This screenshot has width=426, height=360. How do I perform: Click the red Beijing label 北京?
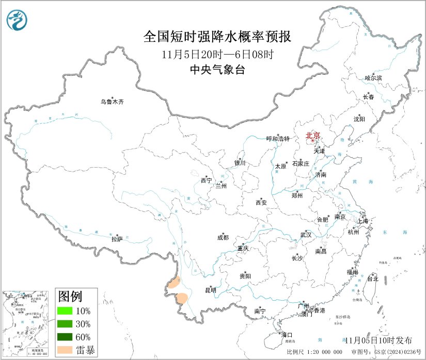[x=313, y=136]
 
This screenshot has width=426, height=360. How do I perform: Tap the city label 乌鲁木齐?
[x=112, y=102]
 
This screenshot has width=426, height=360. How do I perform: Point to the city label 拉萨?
[x=117, y=239]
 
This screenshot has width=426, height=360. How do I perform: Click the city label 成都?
[x=223, y=238]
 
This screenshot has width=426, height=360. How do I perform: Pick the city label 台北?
[x=372, y=279]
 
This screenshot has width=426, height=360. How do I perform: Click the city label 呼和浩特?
[x=278, y=139]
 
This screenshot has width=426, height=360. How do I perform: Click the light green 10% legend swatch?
[x=65, y=311]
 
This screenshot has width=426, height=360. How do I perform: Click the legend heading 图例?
[x=70, y=297]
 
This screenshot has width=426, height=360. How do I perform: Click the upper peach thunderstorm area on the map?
[x=174, y=282]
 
